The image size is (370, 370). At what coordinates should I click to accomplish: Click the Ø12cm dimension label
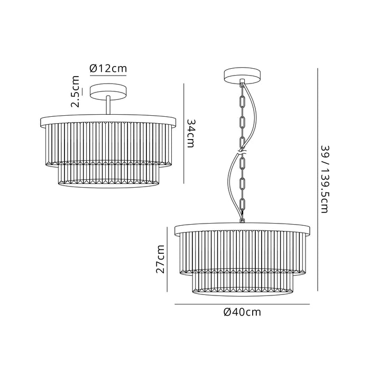108,68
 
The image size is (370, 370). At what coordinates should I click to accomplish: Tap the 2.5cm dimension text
76,91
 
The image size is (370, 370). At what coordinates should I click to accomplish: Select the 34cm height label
191,133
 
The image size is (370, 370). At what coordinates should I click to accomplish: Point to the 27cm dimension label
160,259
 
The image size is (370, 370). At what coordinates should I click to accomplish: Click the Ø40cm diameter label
242,312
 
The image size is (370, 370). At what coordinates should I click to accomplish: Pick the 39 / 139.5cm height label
325,179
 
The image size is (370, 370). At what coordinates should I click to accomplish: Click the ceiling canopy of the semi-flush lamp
108,91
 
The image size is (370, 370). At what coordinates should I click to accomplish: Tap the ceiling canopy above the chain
242,75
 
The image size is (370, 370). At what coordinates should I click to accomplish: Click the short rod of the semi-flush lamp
108,105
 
